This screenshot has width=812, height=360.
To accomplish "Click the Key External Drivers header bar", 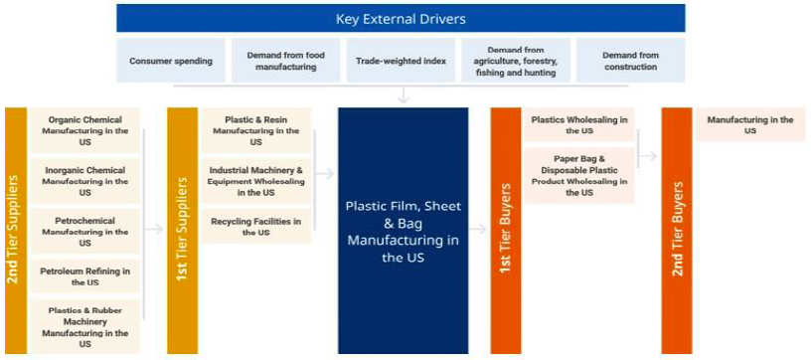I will click(401, 19).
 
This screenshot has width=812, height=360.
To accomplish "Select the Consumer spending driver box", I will click(171, 61).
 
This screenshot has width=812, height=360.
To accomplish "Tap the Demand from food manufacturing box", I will click(285, 61).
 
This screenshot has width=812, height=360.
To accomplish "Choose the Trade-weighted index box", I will click(401, 61).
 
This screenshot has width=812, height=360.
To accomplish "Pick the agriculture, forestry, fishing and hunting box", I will click(515, 61).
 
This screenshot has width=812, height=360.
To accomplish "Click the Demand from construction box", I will click(630, 61).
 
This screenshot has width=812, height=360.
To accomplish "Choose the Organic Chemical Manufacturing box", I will click(85, 130).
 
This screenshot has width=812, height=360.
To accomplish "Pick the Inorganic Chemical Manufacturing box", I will click(85, 181).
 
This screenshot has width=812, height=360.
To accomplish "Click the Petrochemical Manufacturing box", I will click(85, 232).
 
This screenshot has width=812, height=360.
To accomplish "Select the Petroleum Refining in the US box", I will click(85, 276).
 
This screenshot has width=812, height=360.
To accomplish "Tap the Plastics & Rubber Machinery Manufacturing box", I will click(85, 326).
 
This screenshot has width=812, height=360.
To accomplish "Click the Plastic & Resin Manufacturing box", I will click(256, 130).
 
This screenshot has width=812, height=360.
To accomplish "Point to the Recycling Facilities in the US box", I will click(256, 226).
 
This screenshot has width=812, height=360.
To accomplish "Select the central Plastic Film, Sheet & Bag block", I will click(403, 231).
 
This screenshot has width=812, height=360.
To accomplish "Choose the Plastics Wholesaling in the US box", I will click(579, 125).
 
